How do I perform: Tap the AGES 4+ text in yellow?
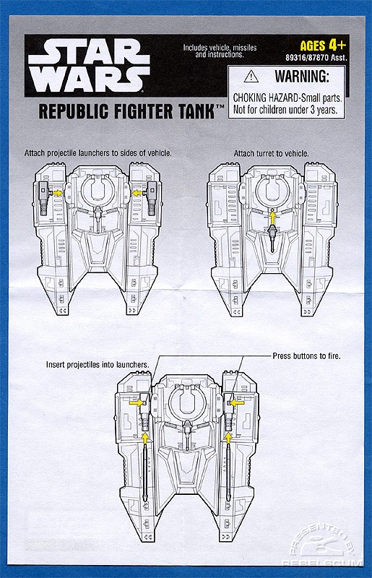pyautogui.click(x=324, y=46)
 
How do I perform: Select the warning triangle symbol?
pyautogui.click(x=251, y=77)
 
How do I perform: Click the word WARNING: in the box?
pyautogui.click(x=302, y=77)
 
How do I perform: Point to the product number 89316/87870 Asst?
pyautogui.click(x=316, y=58)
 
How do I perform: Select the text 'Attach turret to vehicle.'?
pyautogui.click(x=272, y=153)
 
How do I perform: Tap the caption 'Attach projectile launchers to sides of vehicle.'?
pyautogui.click(x=98, y=152)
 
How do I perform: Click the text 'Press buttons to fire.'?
pyautogui.click(x=306, y=356)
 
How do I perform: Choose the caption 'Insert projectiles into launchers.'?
pyautogui.click(x=98, y=365)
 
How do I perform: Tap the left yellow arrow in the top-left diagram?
pyautogui.click(x=57, y=193)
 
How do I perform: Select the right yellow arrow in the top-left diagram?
pyautogui.click(x=137, y=193)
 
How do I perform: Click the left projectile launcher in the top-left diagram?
pyautogui.click(x=43, y=198)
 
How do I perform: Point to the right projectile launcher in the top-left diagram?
pyautogui.click(x=152, y=198)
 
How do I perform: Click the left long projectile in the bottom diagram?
pyautogui.click(x=145, y=473)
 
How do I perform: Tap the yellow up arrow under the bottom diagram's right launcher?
pyautogui.click(x=228, y=438)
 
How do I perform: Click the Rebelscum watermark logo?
pyautogui.click(x=320, y=543)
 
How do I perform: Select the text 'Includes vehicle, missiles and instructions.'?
pyautogui.click(x=220, y=51)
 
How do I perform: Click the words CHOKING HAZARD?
pyautogui.click(x=265, y=98)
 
